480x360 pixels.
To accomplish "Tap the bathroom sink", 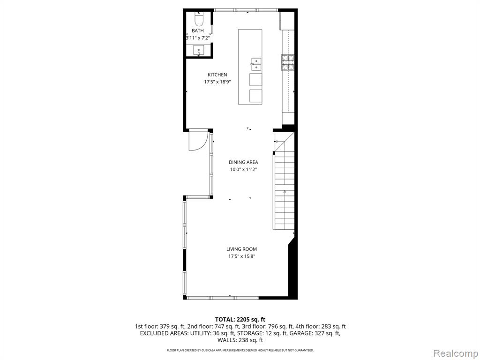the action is [x=199, y=50].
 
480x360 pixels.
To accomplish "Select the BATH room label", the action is [x=198, y=30].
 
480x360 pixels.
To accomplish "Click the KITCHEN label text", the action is [x=217, y=75].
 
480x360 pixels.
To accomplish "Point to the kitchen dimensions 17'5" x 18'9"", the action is [x=217, y=82].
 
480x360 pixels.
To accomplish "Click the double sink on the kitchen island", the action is [x=256, y=64].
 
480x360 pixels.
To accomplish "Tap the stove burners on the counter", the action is [x=288, y=62].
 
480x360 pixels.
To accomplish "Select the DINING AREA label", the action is [x=243, y=162].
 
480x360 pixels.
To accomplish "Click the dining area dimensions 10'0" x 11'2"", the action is [x=243, y=170].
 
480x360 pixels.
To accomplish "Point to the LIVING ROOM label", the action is [x=241, y=249].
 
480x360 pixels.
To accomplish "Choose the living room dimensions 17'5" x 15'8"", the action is [x=241, y=256].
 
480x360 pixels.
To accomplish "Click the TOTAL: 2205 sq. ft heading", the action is [x=240, y=320].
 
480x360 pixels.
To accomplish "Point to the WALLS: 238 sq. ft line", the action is [x=240, y=340].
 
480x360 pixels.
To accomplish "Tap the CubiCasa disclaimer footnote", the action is [x=240, y=350].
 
